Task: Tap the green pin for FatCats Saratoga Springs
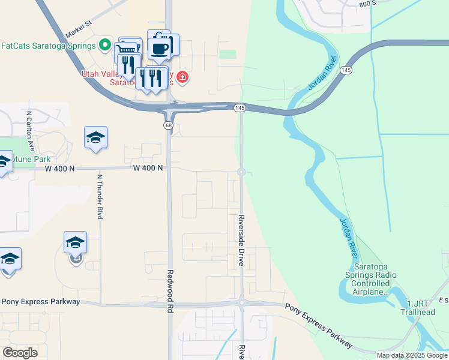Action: [105, 45]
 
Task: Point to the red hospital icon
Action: [182, 77]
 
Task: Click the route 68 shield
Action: [169, 125]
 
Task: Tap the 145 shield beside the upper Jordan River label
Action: [345, 71]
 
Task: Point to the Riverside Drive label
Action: [241, 240]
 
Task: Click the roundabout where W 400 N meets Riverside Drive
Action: [241, 172]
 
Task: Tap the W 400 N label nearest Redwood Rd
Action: [148, 168]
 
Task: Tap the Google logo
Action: [20, 352]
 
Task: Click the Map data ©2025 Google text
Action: [412, 355]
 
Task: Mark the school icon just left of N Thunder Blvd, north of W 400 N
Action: [95, 138]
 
